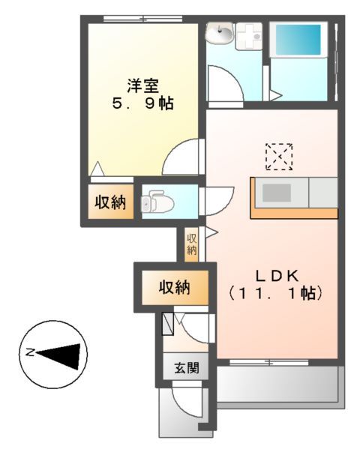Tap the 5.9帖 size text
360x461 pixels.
coord(141,105)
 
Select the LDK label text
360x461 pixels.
coord(275,273)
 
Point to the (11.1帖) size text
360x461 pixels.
coord(275,293)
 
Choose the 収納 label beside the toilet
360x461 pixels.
coord(109,202)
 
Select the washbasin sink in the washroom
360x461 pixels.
coord(222,33)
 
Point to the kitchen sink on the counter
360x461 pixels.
coord(276,193)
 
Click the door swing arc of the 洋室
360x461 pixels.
coord(184,157)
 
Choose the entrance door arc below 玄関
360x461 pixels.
coord(186,405)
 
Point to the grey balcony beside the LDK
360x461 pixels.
coord(277,383)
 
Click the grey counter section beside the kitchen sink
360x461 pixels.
coord(323,193)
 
